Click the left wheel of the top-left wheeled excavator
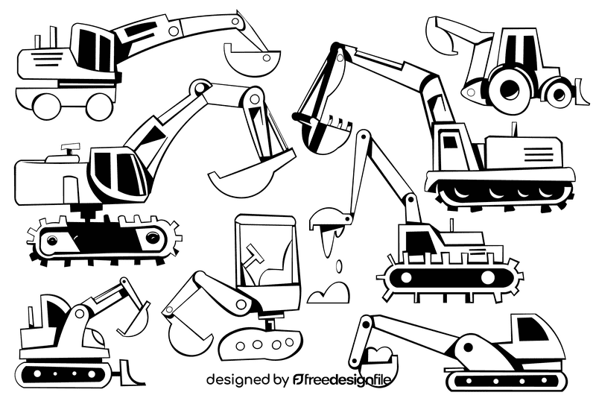[47, 104]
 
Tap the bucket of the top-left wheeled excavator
[253, 60]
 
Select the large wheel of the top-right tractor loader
[510, 88]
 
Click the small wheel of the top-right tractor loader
[557, 92]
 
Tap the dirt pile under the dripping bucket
[328, 292]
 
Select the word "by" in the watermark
[281, 380]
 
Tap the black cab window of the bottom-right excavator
[530, 328]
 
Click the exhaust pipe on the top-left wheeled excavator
[54, 35]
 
